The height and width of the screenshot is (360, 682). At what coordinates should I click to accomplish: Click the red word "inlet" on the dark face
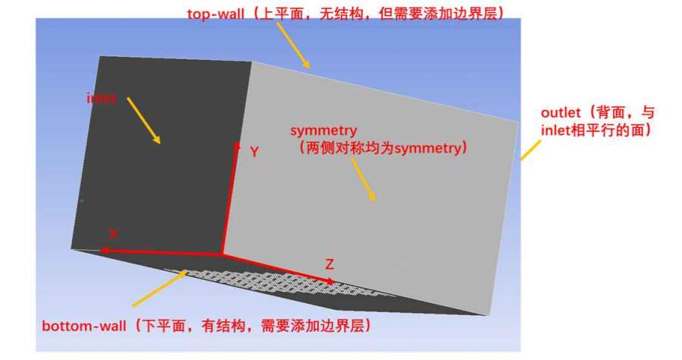(x=101, y=99)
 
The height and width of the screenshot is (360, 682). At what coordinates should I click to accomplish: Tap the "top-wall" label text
(x=215, y=14)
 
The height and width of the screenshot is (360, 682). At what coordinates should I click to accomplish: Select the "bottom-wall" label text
(x=84, y=326)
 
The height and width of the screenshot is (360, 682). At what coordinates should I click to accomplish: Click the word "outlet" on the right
(x=561, y=113)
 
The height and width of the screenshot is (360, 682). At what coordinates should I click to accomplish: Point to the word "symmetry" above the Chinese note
(x=324, y=130)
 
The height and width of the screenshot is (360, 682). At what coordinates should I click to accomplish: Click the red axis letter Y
(x=255, y=152)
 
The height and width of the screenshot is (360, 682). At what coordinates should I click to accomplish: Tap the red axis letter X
(x=114, y=234)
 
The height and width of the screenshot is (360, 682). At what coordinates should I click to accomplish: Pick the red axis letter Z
(x=330, y=264)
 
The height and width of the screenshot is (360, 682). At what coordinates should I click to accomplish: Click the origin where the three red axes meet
(x=222, y=253)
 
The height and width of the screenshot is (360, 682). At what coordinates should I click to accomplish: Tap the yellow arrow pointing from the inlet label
(x=144, y=121)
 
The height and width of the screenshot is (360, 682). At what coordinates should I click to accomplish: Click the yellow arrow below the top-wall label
(x=293, y=45)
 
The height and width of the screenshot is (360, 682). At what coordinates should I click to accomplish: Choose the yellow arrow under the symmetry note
(x=363, y=179)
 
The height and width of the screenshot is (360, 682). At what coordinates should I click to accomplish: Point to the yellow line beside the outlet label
(x=530, y=150)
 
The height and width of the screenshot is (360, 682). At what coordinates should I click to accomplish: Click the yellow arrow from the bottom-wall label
(x=160, y=288)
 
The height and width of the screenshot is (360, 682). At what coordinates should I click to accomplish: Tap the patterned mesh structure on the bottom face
(x=278, y=282)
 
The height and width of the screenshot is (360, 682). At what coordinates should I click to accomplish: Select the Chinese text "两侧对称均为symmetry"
(x=383, y=149)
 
